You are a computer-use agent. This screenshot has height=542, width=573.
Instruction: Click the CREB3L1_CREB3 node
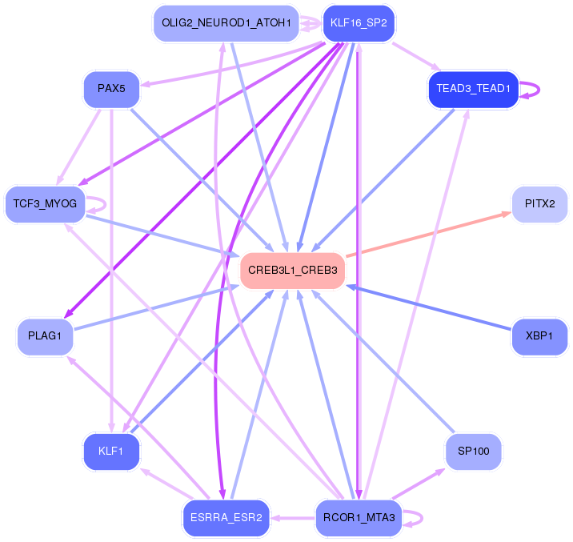click(x=293, y=271)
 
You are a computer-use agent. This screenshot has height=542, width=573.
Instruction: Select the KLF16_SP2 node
click(x=359, y=22)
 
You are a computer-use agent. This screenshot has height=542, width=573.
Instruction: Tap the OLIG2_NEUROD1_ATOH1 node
click(x=226, y=22)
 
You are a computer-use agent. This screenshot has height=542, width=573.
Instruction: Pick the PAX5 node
click(x=111, y=89)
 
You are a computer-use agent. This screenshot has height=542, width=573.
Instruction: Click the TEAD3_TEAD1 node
click(x=473, y=88)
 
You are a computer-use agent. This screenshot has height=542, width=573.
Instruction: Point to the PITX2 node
click(x=539, y=204)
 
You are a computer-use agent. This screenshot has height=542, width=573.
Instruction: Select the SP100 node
click(x=473, y=452)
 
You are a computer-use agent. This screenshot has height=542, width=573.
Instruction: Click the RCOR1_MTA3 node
click(x=359, y=518)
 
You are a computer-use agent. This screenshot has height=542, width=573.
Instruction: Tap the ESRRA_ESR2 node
click(x=226, y=518)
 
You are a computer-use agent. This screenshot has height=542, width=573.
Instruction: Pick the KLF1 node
click(x=111, y=452)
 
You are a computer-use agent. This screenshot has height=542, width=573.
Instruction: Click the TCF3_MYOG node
click(x=45, y=204)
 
